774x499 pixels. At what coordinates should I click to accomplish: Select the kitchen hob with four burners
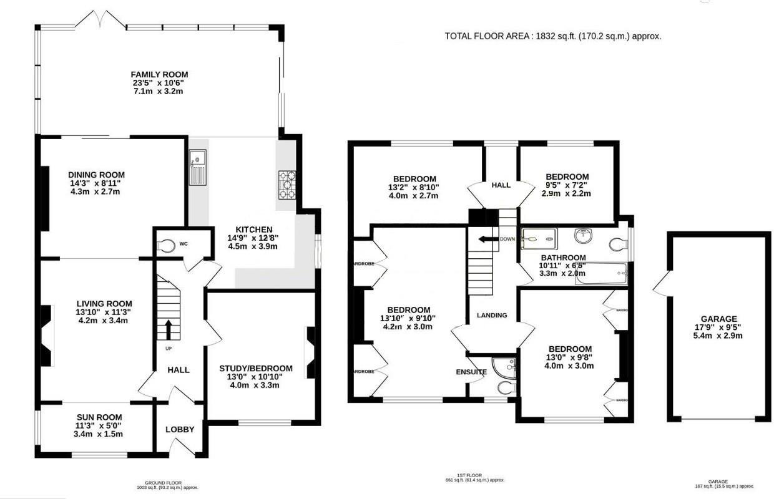point(287,185)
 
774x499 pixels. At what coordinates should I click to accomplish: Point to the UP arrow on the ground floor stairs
point(169,329)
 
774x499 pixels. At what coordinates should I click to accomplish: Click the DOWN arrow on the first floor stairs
point(487,239)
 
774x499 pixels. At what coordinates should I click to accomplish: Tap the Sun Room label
point(99,417)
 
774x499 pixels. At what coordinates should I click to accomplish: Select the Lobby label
point(180,430)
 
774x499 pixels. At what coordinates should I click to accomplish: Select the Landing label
point(492,316)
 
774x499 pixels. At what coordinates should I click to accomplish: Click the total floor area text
point(552,36)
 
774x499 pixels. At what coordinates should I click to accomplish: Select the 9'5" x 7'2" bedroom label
point(567,177)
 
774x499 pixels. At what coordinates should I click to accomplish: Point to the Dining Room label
point(97,175)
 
